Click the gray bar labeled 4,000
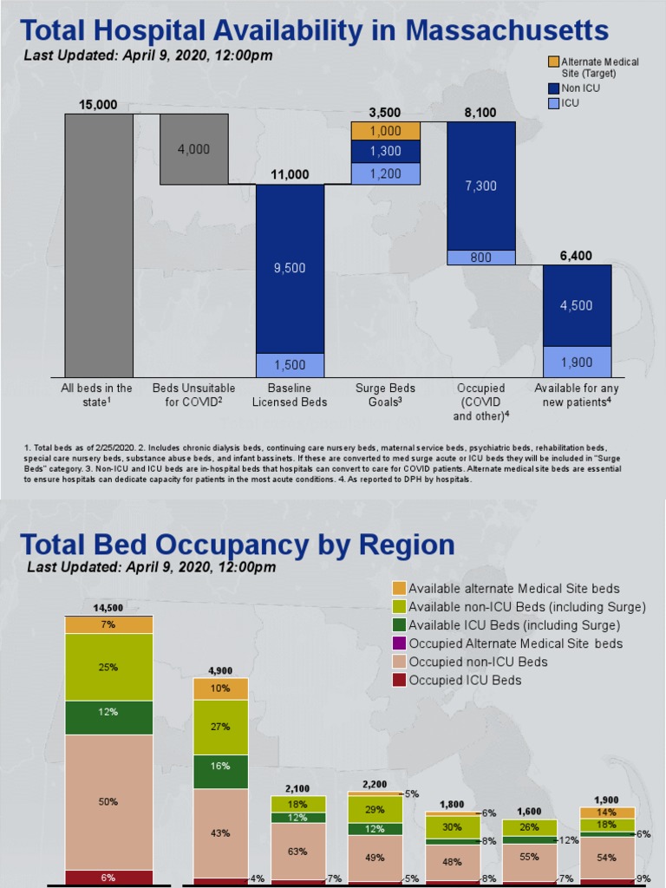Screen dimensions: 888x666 tap(194, 149)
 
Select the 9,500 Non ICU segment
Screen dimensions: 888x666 tap(290, 268)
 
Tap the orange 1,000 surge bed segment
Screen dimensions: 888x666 tap(385, 131)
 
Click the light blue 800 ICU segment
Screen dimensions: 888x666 tap(480, 258)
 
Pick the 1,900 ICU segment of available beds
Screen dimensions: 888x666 tap(577, 362)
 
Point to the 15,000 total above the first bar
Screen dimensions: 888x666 tap(98, 105)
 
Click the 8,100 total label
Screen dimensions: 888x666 tap(480, 113)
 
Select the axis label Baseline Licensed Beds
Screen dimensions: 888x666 tap(289, 395)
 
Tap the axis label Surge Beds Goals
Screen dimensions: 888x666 tap(385, 395)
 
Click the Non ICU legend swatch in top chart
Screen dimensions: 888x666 tap(553, 88)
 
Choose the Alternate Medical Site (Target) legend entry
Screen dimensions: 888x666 tap(599, 67)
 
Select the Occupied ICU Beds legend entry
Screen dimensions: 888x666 tap(465, 681)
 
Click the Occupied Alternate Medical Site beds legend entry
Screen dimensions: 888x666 tap(515, 643)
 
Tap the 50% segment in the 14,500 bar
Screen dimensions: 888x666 tap(109, 802)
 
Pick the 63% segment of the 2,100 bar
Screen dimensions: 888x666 tap(297, 852)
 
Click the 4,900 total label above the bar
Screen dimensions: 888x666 tap(220, 670)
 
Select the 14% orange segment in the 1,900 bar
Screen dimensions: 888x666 tap(607, 813)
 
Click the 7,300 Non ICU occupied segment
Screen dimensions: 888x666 tap(480, 186)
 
